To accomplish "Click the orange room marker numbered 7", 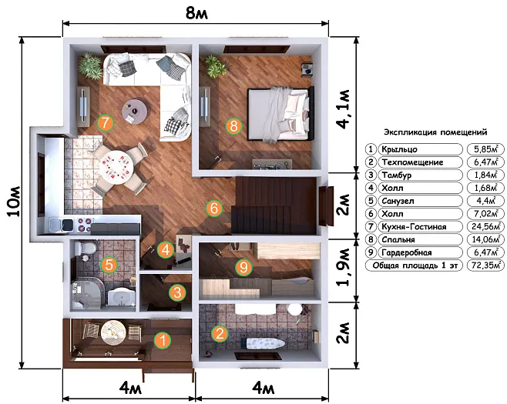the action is (106, 122).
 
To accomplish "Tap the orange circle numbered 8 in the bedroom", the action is (233, 126).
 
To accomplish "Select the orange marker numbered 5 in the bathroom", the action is (109, 265).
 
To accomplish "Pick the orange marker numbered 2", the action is (220, 333).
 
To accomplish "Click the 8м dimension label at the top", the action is (196, 14).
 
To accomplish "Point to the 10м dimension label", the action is (14, 202).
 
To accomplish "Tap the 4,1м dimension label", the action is (344, 109).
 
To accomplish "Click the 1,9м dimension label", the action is (344, 267).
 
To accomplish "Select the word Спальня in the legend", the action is (398, 239).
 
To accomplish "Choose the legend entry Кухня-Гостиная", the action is (414, 227).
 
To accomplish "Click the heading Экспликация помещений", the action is (435, 132).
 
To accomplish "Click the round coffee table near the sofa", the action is (135, 112).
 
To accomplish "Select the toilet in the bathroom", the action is (85, 249).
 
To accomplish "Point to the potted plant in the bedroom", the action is (214, 66).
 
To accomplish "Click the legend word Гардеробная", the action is (406, 252).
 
